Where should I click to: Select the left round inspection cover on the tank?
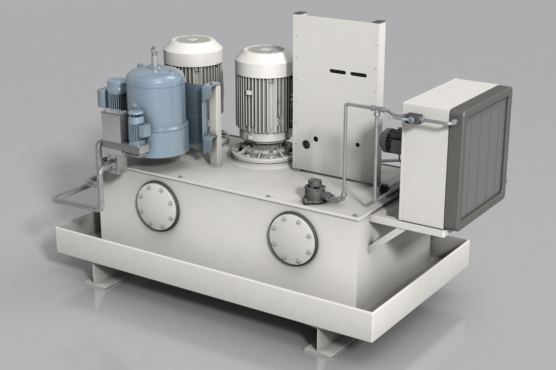pos(157,206)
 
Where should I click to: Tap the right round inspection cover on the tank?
pos(293,238)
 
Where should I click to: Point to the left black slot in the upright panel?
pos(338,72)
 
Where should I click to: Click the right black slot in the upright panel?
pos(358,74)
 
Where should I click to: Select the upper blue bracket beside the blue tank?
pos(210,95)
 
